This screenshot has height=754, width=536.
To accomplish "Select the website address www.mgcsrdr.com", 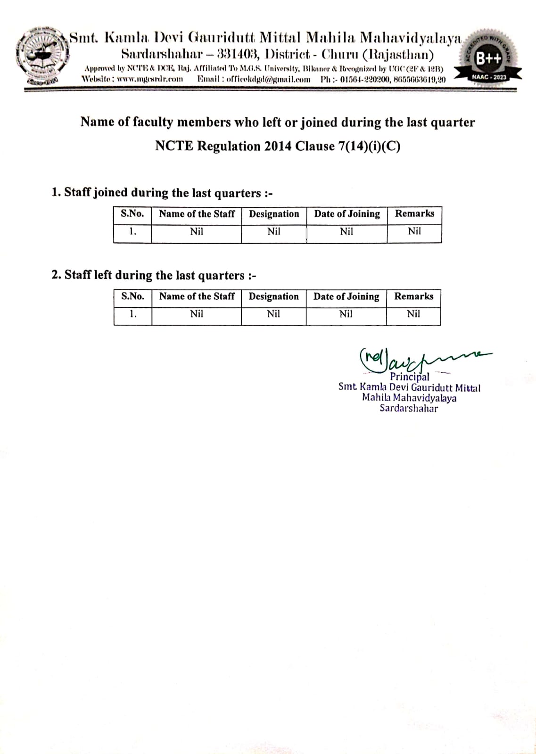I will (x=149, y=79).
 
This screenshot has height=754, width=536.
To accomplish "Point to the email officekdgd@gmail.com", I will (x=268, y=79).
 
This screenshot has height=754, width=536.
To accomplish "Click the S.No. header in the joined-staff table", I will (x=132, y=214).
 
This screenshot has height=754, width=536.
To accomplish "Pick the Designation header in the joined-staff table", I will (x=274, y=214).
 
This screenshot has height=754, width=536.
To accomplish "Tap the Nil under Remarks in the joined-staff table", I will (x=414, y=231).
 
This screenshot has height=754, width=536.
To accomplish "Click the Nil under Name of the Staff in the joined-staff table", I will (x=197, y=231).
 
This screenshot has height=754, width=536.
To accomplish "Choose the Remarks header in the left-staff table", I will (x=413, y=296).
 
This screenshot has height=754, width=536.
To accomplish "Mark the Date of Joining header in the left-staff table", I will (x=346, y=296).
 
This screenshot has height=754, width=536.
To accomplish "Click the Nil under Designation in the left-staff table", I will (x=273, y=314).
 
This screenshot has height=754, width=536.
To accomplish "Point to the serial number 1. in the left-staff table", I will (x=133, y=314).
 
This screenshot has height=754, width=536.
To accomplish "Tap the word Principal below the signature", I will (x=409, y=377).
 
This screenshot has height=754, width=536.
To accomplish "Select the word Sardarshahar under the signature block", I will (x=409, y=409).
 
